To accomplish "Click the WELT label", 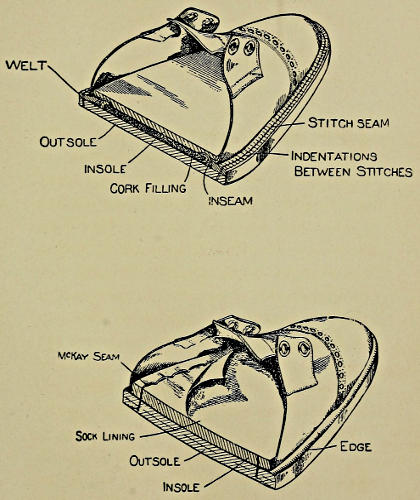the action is [x=26, y=65].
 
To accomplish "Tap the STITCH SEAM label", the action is [x=348, y=123].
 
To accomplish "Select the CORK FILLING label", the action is [x=148, y=188].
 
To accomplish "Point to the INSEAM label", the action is [x=230, y=201].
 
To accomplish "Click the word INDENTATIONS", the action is [x=334, y=156].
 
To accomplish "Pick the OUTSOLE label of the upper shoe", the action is [x=68, y=142].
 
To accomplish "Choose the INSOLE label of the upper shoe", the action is [x=105, y=169].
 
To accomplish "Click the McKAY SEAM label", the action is [x=89, y=356].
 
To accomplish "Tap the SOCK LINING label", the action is [x=105, y=436].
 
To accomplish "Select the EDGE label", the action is [x=356, y=447].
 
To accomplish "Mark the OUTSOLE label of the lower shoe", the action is [x=155, y=461].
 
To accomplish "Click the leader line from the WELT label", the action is [x=64, y=79].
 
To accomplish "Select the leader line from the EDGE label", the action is [x=322, y=448].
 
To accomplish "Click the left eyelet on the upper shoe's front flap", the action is [x=234, y=45].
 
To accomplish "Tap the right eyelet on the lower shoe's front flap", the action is [x=304, y=349].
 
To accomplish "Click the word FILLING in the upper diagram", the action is [x=166, y=188].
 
